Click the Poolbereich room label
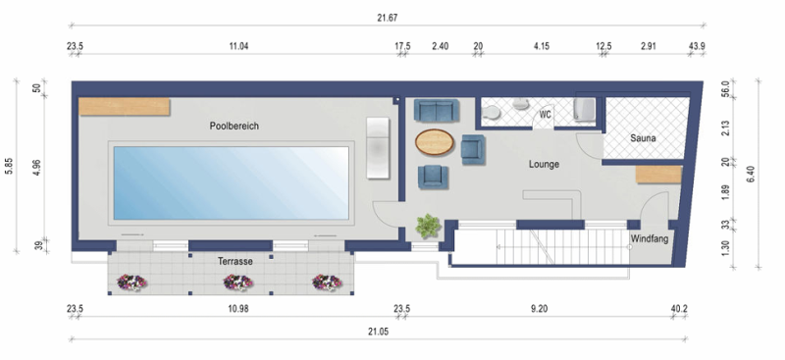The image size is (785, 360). (x=233, y=127)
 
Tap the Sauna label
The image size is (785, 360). (x=643, y=138)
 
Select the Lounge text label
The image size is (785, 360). (x=543, y=164)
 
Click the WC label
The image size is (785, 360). (x=546, y=115)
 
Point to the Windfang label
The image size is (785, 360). (x=650, y=239)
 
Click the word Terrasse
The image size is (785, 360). (x=235, y=262)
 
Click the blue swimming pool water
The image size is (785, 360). (x=232, y=182)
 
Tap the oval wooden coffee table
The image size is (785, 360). (x=435, y=143)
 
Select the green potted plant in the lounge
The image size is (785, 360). (x=428, y=227)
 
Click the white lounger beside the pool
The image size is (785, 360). (x=379, y=147)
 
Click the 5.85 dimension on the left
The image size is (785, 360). (x=10, y=167)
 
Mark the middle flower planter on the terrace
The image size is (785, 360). (x=236, y=283)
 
